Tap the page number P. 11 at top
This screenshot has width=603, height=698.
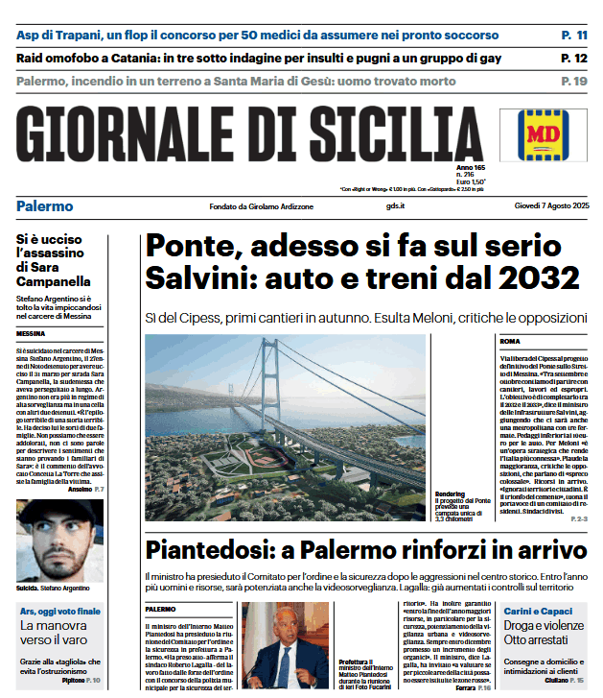[574, 36]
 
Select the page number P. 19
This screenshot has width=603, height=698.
[574, 81]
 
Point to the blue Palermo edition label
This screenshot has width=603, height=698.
[45, 206]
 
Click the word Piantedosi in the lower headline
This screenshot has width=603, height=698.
[217, 551]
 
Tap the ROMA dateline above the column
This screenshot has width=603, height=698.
[510, 341]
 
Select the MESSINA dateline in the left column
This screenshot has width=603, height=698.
[32, 334]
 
